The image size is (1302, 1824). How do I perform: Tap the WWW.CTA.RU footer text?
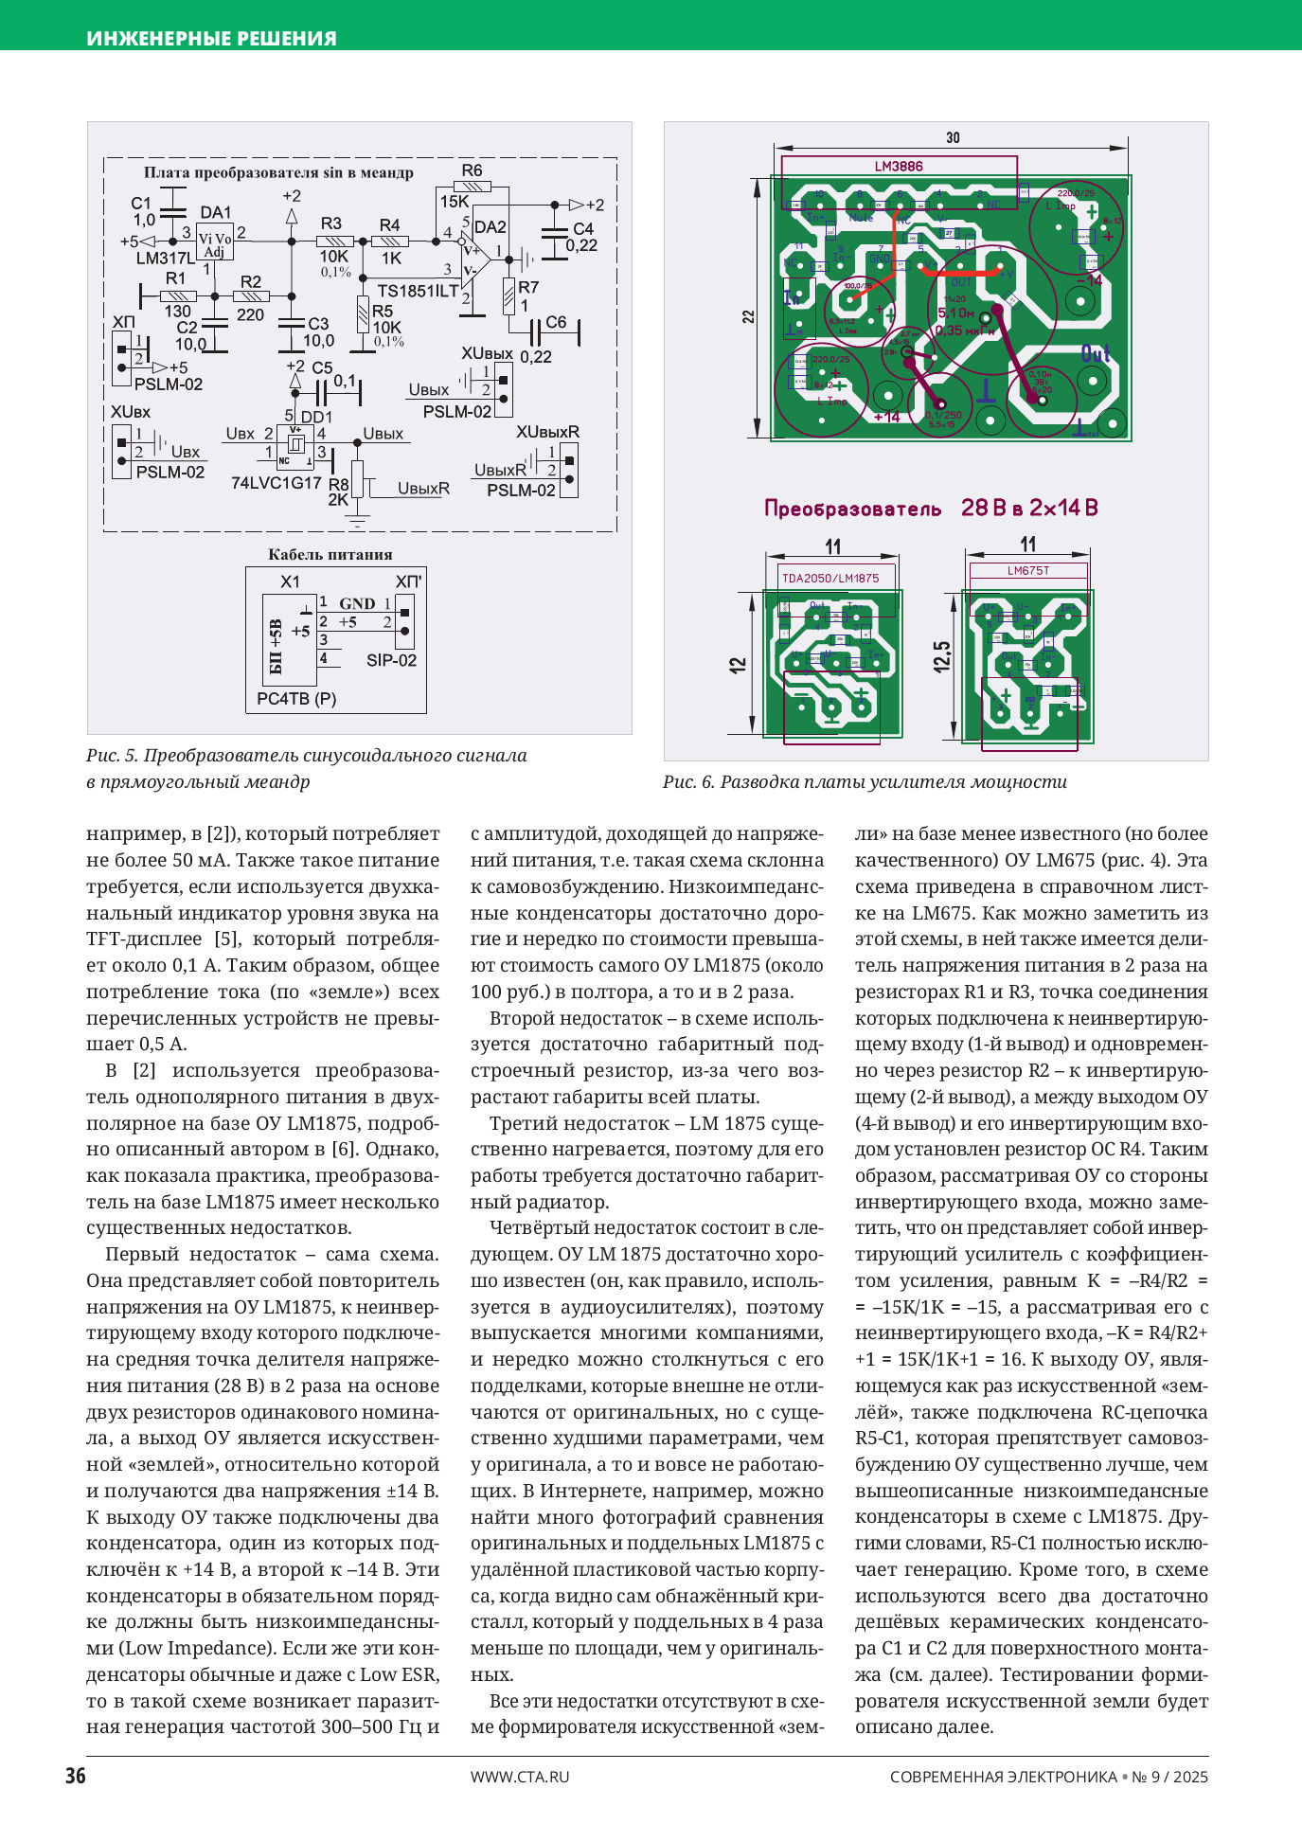pos(520,1777)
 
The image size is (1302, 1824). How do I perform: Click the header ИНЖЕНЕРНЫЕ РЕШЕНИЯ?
pos(211,39)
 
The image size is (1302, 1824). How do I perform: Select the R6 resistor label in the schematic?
pos(471,170)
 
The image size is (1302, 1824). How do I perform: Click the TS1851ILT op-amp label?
pos(418,291)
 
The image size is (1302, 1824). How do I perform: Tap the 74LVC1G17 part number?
pos(276,482)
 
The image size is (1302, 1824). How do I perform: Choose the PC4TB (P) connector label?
pos(296,699)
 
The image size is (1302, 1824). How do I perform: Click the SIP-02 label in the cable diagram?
pos(391,660)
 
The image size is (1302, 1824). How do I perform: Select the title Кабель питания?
pos(330,555)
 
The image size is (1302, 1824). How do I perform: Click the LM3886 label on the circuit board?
pos(899,167)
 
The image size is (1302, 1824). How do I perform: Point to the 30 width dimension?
pos(953,138)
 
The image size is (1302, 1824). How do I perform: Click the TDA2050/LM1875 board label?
pos(829,578)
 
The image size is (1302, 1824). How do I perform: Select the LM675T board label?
pos(1028,571)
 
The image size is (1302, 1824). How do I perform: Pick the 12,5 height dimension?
pos(941,656)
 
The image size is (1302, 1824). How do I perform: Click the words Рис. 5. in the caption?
pos(112,756)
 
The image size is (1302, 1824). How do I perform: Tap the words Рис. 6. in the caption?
pos(688,782)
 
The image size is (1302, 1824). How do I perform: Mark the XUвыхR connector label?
pos(547,432)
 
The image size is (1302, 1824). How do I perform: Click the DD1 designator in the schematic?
pos(316,417)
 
